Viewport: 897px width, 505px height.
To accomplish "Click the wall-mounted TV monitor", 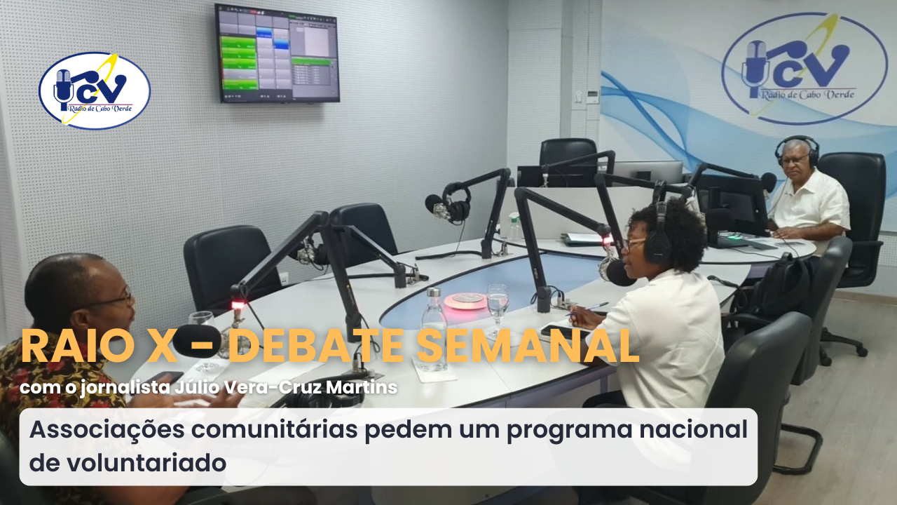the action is pyautogui.click(x=277, y=53).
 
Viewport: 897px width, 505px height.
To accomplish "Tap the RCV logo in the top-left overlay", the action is pyautogui.click(x=95, y=91).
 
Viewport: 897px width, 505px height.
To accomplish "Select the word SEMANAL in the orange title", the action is pyautogui.click(x=528, y=346).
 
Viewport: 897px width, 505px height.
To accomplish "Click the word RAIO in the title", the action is pyautogui.click(x=77, y=346).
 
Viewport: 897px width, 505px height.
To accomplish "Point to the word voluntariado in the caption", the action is pyautogui.click(x=146, y=462).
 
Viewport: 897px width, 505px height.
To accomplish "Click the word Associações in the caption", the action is pyautogui.click(x=107, y=430).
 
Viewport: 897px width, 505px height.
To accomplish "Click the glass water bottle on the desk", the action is pyautogui.click(x=434, y=330).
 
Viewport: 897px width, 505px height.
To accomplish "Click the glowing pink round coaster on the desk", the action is pyautogui.click(x=466, y=301).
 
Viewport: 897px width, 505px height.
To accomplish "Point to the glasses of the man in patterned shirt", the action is pyautogui.click(x=117, y=298).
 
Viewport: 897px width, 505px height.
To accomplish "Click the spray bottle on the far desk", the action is pyautogui.click(x=514, y=227).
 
